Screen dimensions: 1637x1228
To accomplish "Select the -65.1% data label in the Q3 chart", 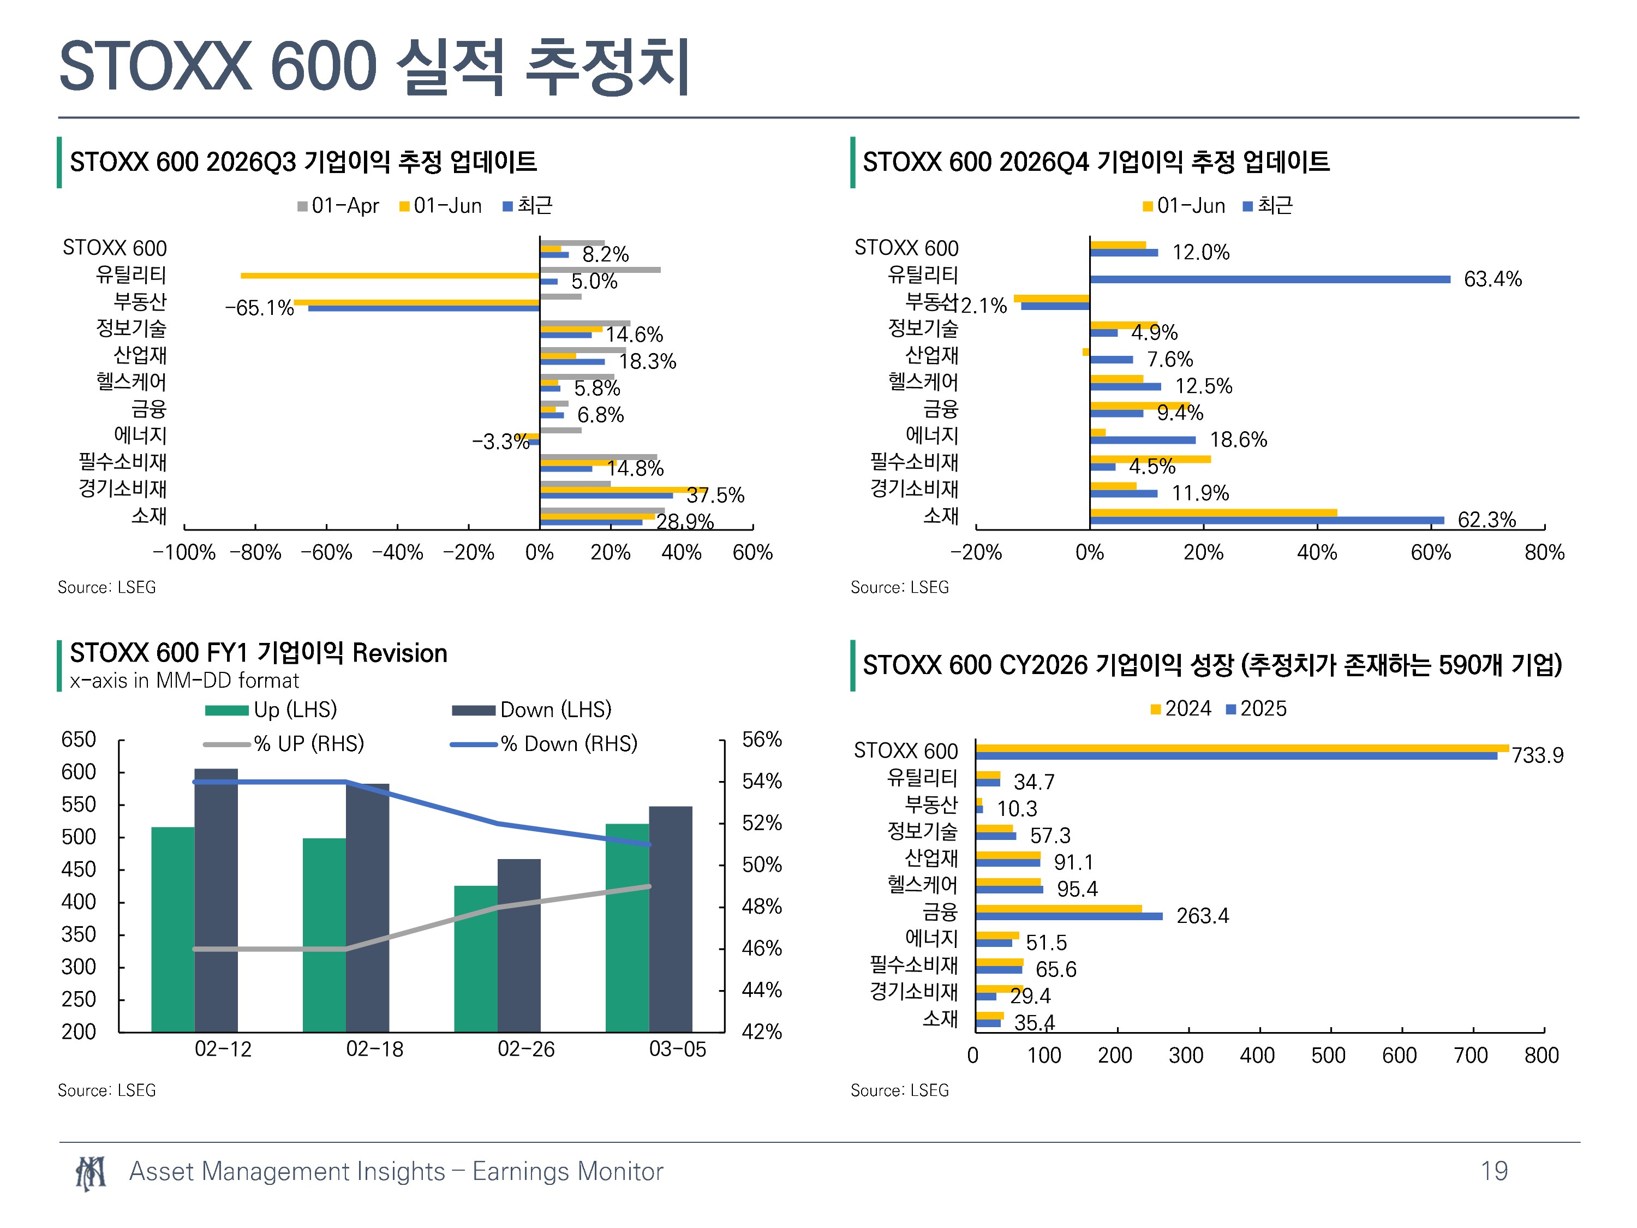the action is coord(259,308).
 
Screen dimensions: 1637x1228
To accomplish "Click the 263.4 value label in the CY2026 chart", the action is coord(1203,916).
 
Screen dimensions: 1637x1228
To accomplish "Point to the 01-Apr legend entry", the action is coord(338,206).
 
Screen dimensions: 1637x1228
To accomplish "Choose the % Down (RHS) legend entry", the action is coord(544,743).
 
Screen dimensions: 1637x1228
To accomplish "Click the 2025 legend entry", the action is coord(1256,708).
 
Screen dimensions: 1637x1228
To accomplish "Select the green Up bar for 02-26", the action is coord(476,958).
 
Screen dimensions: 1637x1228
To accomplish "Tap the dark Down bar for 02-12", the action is coord(216,900).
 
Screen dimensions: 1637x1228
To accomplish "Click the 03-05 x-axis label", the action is coord(677,1049).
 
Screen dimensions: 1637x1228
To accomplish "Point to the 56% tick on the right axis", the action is coord(762,740).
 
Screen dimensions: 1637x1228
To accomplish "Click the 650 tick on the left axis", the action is coord(79,740).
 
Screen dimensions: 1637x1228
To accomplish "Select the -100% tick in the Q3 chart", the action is coord(183,552).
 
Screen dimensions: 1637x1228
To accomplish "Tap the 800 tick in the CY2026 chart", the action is coord(1542,1055).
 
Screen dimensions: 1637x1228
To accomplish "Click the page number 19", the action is coord(1494,1171).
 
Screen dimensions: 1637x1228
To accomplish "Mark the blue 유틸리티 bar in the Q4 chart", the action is coord(1270,279).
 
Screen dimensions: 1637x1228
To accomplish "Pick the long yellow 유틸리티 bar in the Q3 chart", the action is coord(390,276).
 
